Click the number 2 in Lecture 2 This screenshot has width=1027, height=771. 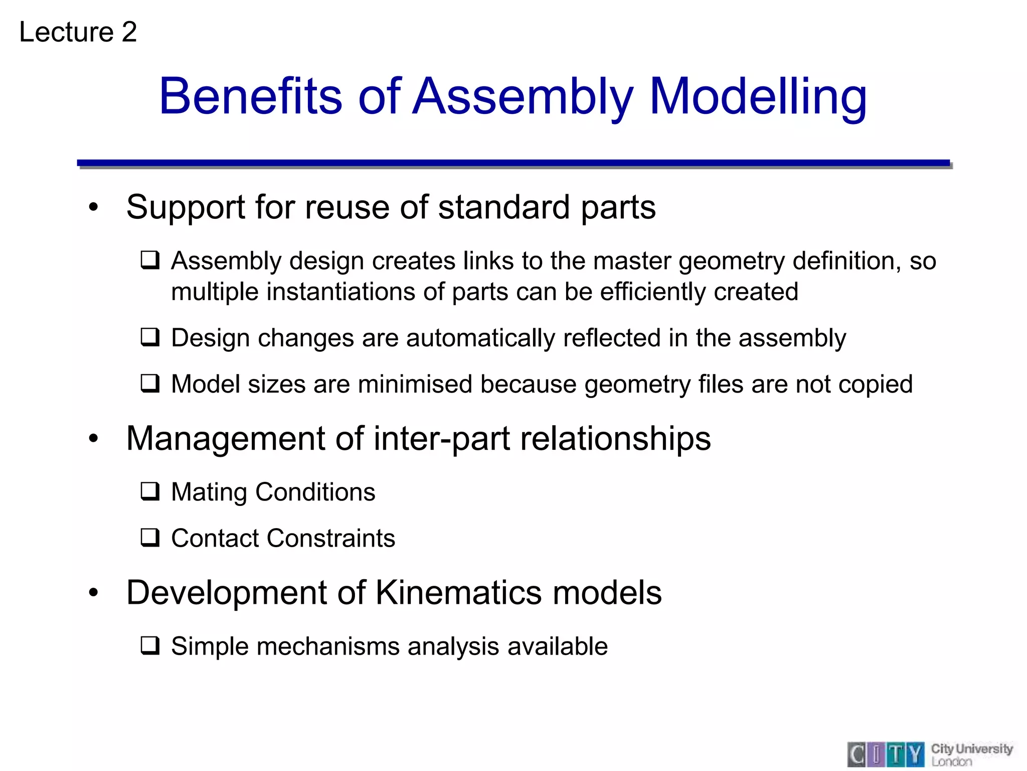pyautogui.click(x=129, y=32)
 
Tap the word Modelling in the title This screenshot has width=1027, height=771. pyautogui.click(x=758, y=96)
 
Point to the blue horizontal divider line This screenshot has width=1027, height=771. pyautogui.click(x=513, y=163)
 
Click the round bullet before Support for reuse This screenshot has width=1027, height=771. pyautogui.click(x=93, y=207)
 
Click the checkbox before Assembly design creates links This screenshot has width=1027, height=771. pyautogui.click(x=150, y=261)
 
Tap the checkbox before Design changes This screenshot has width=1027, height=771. pyautogui.click(x=150, y=337)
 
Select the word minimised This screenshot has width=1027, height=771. pyautogui.click(x=415, y=384)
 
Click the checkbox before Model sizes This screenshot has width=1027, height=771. pyautogui.click(x=150, y=384)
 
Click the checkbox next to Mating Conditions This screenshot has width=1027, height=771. pyautogui.click(x=150, y=492)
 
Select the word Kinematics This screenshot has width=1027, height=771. pyautogui.click(x=458, y=592)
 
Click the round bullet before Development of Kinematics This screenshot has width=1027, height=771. pyautogui.click(x=93, y=593)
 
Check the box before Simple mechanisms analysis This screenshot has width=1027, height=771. pyautogui.click(x=150, y=646)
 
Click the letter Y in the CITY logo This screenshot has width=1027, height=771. pyautogui.click(x=915, y=754)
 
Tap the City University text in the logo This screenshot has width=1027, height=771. pyautogui.click(x=971, y=749)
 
